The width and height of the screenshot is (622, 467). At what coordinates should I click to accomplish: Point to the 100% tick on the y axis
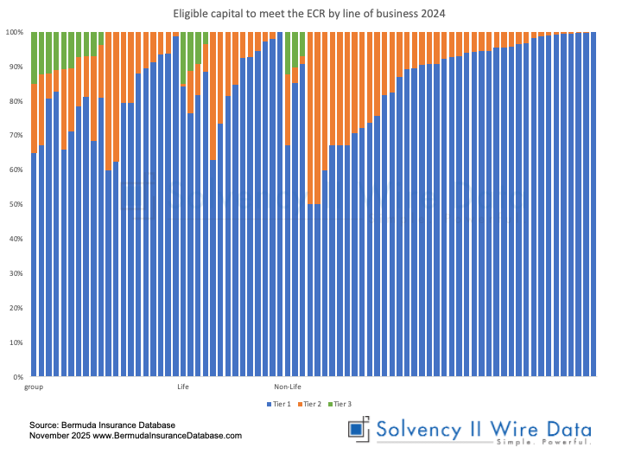pos(15,32)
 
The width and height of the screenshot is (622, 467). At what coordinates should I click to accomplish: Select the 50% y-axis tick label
pos(16,205)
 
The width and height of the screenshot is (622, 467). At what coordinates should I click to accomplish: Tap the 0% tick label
pos(18,378)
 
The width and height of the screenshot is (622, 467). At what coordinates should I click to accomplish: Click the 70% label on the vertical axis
pos(16,136)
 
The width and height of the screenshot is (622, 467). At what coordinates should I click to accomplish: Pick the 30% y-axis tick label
pos(16,274)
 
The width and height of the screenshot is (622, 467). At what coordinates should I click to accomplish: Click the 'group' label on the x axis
pos(34,387)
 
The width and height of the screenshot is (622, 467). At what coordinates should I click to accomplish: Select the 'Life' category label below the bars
pos(182,387)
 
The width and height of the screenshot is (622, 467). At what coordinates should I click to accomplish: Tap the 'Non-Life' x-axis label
pos(287,387)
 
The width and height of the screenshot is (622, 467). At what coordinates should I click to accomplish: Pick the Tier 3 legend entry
pos(342,404)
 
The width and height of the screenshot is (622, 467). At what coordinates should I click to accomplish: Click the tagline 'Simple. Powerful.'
pos(543,443)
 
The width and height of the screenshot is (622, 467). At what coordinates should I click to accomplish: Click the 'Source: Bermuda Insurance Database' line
pos(102,425)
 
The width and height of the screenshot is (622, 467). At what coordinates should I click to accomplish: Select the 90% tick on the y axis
pos(16,67)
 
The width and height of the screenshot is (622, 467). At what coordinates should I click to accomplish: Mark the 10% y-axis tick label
pos(16,343)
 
